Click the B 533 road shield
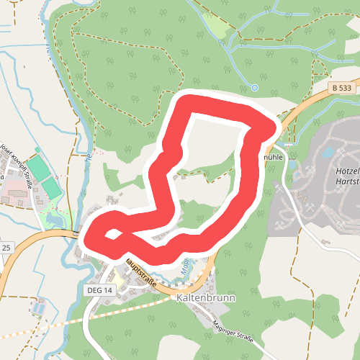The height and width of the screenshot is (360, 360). (343, 87)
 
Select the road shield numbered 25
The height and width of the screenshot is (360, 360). (6, 248)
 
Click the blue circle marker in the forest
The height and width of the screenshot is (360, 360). (255, 88)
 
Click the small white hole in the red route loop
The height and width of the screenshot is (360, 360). (112, 234)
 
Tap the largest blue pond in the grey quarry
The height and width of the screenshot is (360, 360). (328, 152)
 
